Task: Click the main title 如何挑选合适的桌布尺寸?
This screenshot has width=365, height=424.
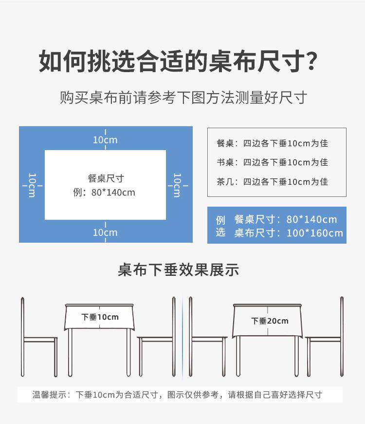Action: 179,62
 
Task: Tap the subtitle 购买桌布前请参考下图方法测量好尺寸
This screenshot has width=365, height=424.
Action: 183,97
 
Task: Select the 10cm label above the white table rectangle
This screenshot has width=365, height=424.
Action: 106,140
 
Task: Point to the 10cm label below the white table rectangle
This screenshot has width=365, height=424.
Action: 106,232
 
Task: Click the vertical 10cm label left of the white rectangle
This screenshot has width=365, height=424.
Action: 32,185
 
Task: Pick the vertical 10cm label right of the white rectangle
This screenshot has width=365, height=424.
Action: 178,185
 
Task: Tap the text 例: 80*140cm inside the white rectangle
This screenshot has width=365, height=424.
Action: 104,193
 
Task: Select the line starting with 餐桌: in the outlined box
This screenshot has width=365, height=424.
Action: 272,143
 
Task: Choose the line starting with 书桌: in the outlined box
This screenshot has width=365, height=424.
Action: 272,162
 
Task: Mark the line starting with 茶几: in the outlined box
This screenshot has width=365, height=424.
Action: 272,182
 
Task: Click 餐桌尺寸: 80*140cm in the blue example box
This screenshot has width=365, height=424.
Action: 285,220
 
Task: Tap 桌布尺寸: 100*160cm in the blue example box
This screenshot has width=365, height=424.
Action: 289,233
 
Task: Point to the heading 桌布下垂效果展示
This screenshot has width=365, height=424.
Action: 178,270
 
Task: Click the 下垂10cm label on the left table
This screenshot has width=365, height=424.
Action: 100,317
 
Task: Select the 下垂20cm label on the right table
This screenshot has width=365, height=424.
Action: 270,321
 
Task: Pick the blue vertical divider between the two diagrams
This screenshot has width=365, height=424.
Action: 182,336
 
